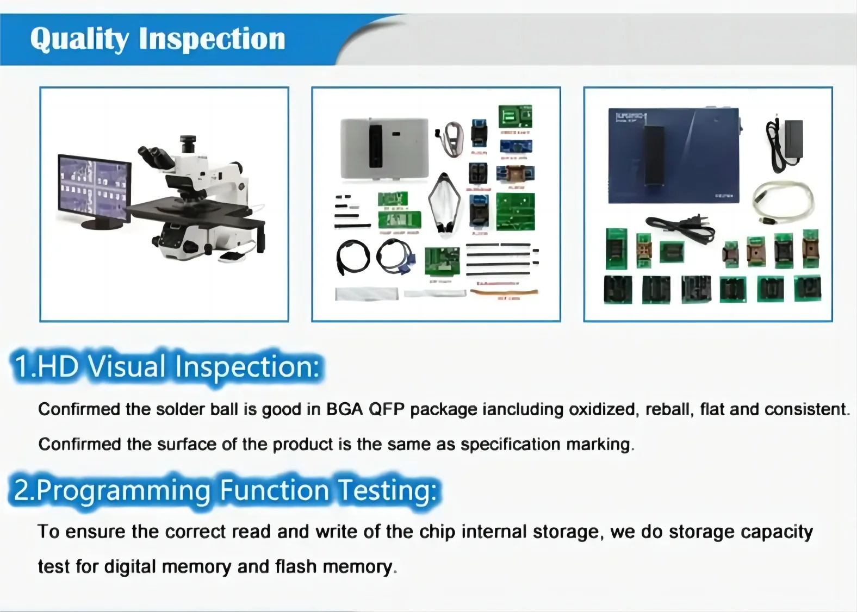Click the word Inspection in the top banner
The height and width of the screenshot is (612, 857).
pos(212,39)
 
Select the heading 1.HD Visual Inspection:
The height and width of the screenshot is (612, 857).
pos(166,366)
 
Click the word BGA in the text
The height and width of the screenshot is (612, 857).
pos(344,409)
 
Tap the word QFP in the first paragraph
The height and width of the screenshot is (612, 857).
pos(387,409)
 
